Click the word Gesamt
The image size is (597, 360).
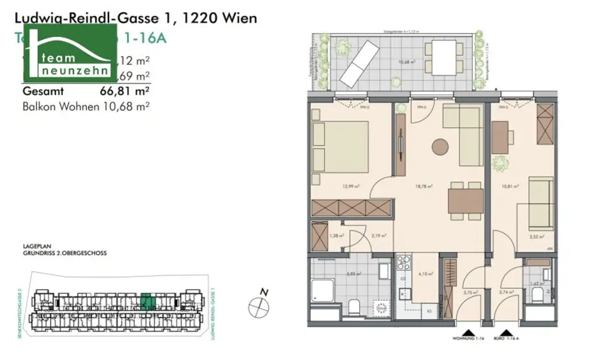click(x=43, y=91)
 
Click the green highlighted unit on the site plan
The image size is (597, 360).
click(x=149, y=301)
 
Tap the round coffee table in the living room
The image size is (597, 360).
click(x=440, y=146)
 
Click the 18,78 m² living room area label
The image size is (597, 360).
click(x=424, y=187)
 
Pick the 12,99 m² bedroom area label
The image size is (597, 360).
click(x=350, y=187)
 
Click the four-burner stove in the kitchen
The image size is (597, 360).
click(x=403, y=263)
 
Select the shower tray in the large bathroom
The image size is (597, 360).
click(x=322, y=291)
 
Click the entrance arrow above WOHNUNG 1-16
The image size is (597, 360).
click(x=466, y=330)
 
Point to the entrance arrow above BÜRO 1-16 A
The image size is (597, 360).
click(x=498, y=330)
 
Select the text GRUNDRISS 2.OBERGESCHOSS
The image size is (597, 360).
click(x=65, y=254)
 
